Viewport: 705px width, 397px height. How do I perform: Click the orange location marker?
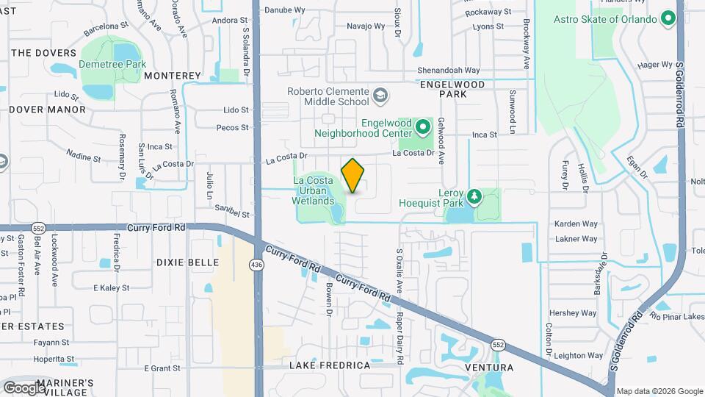pos(353,176)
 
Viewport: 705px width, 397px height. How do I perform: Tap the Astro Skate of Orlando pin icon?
pos(668,18)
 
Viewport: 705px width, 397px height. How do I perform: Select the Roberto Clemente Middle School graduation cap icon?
pos(380,95)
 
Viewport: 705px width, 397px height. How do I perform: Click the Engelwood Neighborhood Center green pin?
pos(422,128)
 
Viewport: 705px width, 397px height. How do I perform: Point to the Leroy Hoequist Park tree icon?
pos(474,196)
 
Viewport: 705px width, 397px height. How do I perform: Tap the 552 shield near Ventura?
pos(499,345)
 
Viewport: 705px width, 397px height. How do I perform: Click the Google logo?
pos(23,387)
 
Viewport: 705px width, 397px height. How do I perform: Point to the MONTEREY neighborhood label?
pos(173,76)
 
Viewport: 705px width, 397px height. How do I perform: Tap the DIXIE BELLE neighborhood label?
pos(187,262)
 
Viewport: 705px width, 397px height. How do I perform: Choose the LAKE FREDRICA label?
pos(330,365)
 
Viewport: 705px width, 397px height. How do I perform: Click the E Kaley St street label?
pos(111,287)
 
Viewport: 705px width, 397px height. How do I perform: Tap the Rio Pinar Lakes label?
pos(676,317)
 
